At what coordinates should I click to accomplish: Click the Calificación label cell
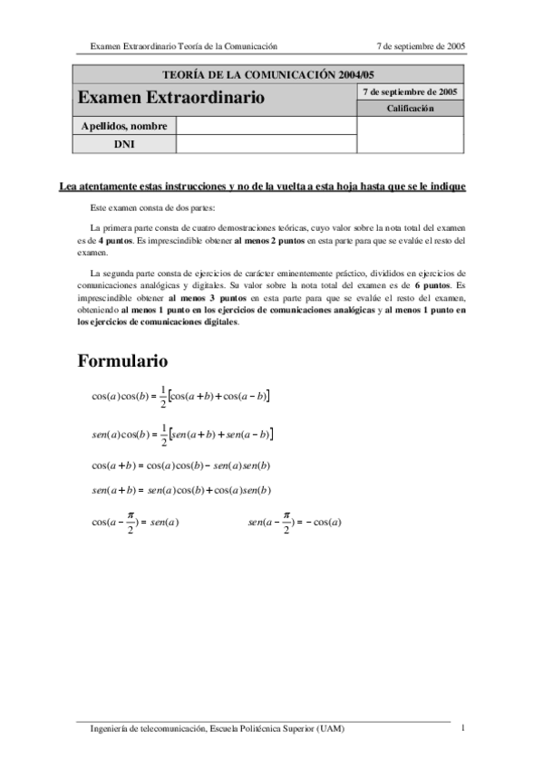coord(411,109)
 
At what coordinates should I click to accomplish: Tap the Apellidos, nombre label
coord(123,126)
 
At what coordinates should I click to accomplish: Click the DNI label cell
coord(123,144)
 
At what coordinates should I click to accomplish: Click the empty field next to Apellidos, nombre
coord(267,126)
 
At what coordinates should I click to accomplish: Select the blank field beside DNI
coord(267,144)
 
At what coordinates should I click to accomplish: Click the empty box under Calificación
coord(411,134)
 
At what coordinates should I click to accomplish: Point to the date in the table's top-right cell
coord(411,91)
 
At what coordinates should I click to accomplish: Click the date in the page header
coord(421,45)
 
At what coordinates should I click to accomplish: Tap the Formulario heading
coord(122,361)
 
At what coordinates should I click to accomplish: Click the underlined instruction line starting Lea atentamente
coord(262,187)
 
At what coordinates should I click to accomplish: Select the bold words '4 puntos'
coord(115,240)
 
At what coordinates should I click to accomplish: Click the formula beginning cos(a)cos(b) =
coord(181,396)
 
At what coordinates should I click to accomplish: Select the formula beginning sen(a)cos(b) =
coord(182,435)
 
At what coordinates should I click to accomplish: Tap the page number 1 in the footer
coord(462,728)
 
